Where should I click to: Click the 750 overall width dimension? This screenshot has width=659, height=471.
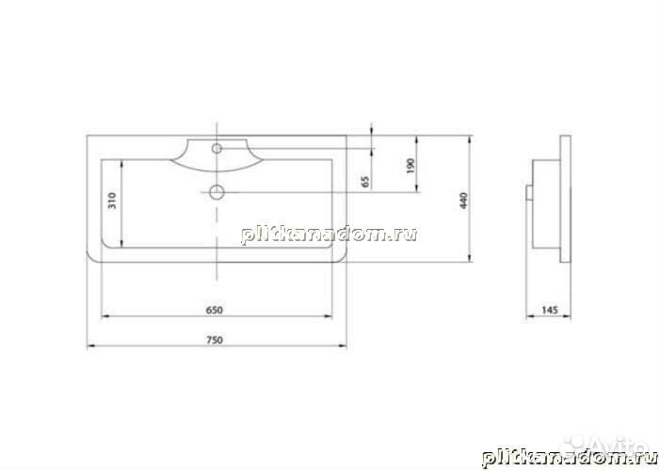pos(217,339)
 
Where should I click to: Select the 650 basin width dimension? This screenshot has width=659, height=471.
pos(217,309)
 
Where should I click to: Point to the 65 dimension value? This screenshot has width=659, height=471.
pos(365,178)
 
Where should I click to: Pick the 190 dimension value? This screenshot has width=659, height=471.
pos(410,165)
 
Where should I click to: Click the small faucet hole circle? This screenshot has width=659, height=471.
pos(217,148)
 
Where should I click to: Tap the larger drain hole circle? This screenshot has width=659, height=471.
pos(217,192)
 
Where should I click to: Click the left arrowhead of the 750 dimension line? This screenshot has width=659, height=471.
pos(90,346)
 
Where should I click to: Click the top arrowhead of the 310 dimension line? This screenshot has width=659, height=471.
pos(121,161)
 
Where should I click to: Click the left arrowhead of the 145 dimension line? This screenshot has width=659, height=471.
pos(529,316)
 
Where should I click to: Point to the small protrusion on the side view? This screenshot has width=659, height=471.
pos(529,193)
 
